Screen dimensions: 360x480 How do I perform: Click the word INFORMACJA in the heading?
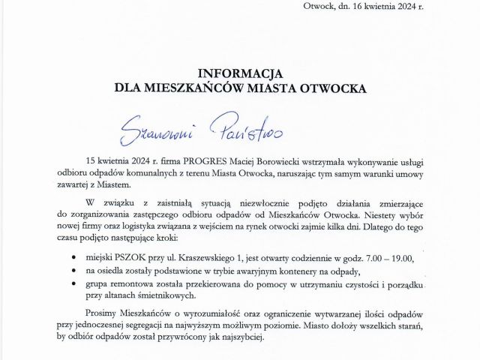(x=239, y=73)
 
